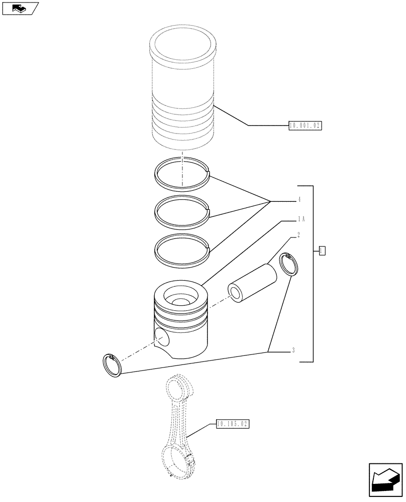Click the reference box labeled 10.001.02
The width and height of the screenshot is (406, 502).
click(x=305, y=125)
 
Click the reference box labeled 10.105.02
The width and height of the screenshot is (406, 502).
click(x=233, y=425)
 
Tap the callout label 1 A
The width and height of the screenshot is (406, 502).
click(x=300, y=218)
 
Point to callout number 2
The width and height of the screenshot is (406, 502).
click(x=298, y=234)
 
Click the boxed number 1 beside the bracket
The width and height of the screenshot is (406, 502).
click(x=322, y=250)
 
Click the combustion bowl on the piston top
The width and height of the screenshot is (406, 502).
click(x=179, y=300)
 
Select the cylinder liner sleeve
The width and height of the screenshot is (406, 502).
click(x=183, y=90)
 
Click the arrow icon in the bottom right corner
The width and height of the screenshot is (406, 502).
click(x=385, y=481)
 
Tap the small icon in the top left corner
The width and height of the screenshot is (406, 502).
click(x=20, y=8)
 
